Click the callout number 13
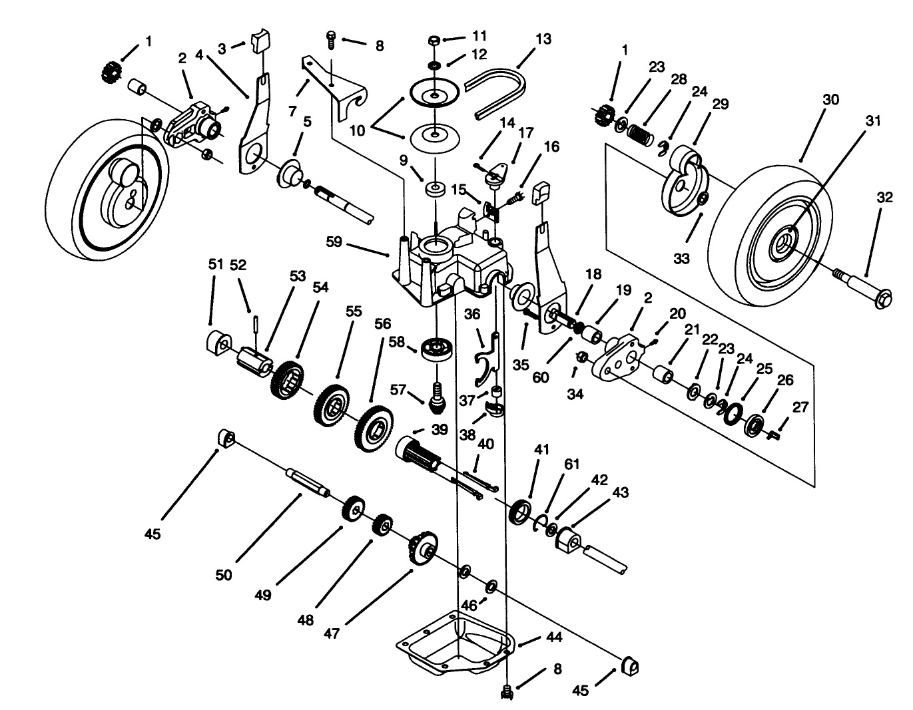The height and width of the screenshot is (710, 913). (543, 39)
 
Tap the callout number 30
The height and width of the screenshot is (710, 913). (830, 100)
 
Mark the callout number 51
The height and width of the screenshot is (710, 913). (215, 264)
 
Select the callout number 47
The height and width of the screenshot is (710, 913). (332, 633)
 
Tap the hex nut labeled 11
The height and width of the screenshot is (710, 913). (434, 41)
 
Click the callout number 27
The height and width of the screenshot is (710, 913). (800, 407)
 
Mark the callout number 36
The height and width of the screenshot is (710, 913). (471, 313)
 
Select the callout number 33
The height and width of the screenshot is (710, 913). (681, 258)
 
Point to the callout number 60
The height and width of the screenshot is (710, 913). (541, 377)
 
